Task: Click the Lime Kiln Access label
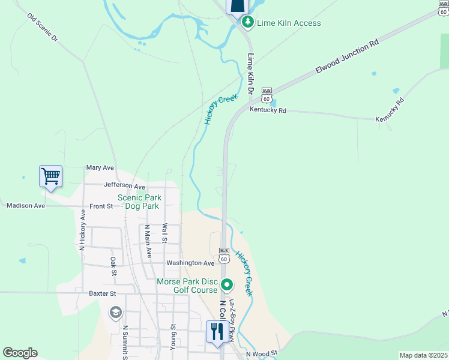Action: [x=289, y=23]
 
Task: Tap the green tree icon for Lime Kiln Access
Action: [x=247, y=22]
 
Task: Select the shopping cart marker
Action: [x=51, y=177]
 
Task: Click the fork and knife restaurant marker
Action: [x=215, y=331]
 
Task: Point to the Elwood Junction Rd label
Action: [x=348, y=59]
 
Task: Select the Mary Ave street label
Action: [x=100, y=168]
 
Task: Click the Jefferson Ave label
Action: [x=124, y=187]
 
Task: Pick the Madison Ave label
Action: [x=26, y=205]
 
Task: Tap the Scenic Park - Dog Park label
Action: [x=139, y=202]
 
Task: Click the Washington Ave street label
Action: [x=190, y=263]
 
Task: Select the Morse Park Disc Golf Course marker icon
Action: [x=227, y=284]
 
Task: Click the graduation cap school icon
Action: [x=115, y=312]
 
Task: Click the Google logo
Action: [x=20, y=353]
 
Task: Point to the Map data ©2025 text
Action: [x=423, y=355]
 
